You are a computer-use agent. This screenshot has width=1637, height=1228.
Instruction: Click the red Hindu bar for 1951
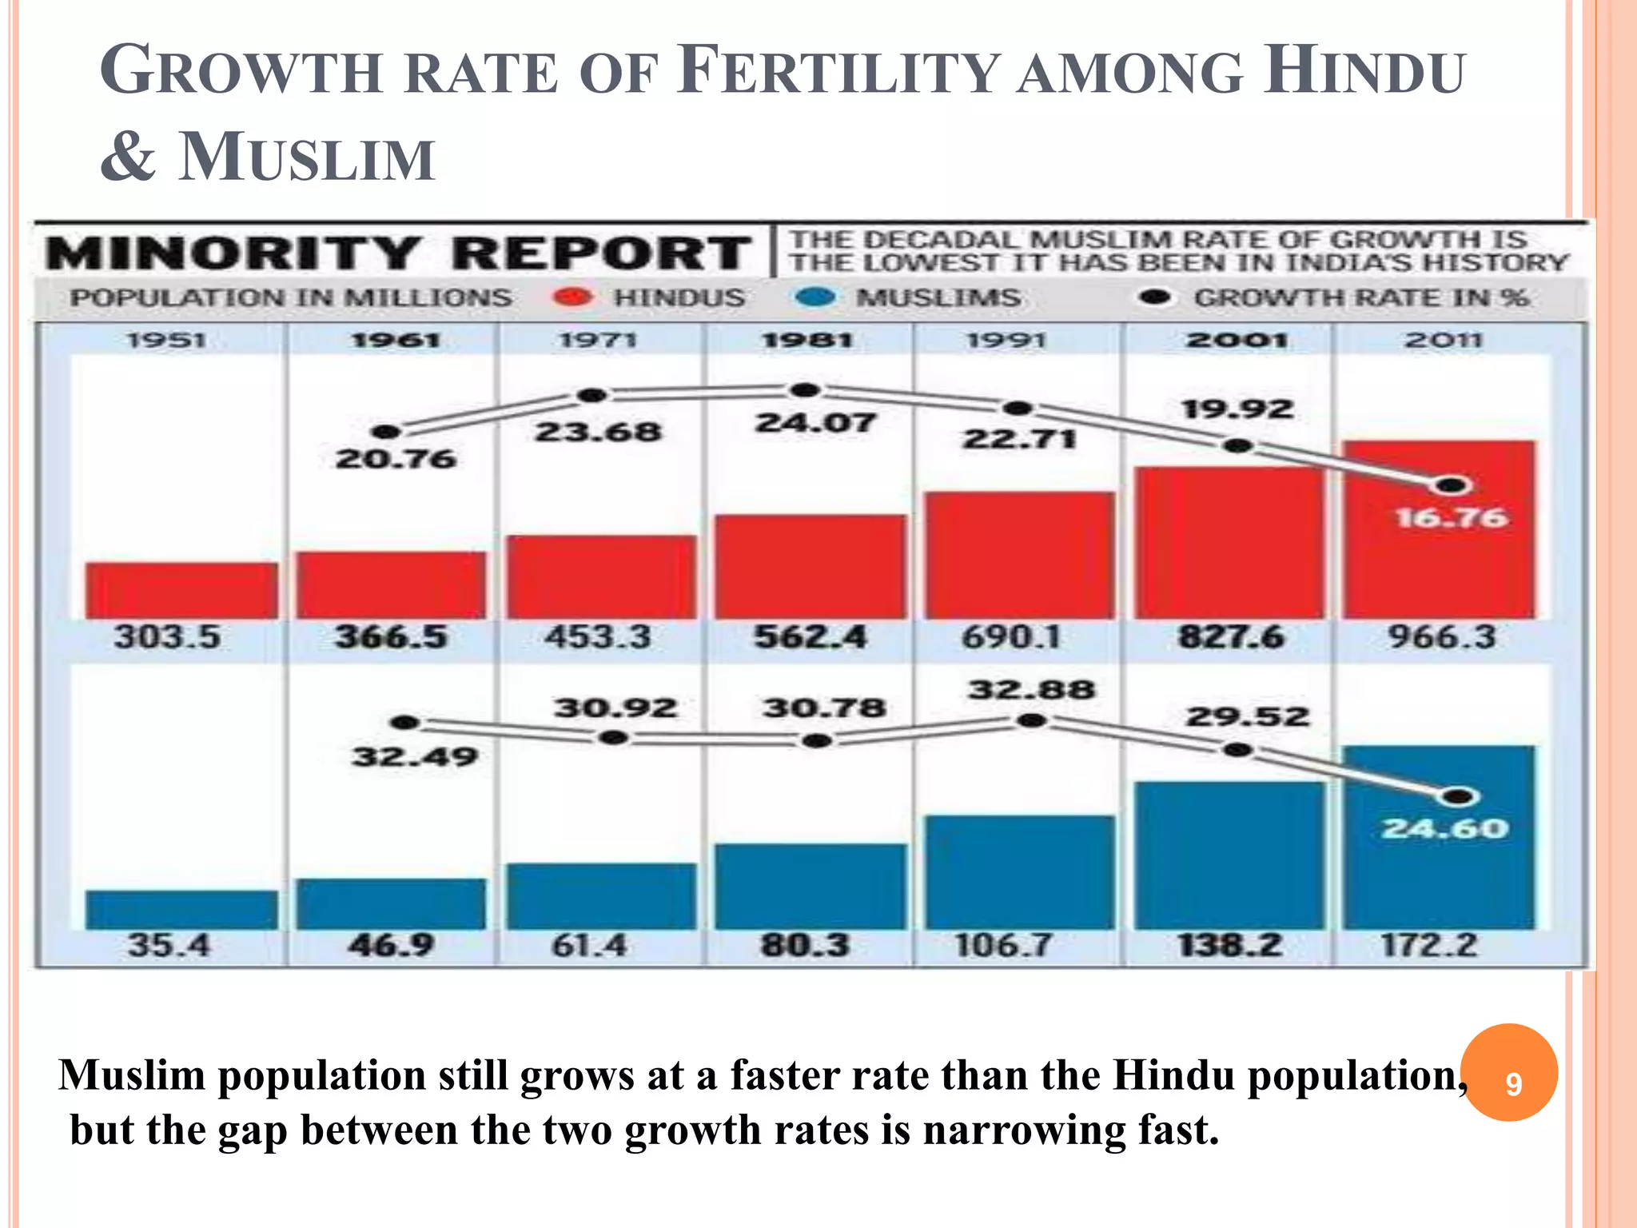coord(181,590)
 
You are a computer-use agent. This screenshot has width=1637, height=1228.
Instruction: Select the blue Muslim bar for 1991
coord(1020,872)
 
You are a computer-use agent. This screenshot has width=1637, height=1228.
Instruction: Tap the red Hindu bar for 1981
coord(811,566)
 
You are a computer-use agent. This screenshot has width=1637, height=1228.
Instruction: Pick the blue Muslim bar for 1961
coord(391,903)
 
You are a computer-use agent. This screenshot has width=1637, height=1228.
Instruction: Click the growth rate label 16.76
coord(1452,518)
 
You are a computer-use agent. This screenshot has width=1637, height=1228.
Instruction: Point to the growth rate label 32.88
coord(1031,689)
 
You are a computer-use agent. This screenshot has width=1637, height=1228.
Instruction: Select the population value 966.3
coord(1441,637)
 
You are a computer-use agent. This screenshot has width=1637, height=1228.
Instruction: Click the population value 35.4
coord(169,946)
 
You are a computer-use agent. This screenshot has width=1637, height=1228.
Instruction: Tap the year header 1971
coord(598,341)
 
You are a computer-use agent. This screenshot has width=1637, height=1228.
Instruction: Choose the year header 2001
coord(1237,341)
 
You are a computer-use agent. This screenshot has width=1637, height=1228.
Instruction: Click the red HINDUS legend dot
coord(572,297)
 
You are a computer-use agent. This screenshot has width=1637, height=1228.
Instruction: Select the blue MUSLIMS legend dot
coord(816,297)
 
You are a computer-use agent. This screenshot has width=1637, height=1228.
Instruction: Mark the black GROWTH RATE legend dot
coord(1154,297)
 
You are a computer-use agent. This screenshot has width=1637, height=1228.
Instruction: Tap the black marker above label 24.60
coord(1459,796)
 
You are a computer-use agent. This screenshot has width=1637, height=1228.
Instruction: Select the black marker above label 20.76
coord(387,432)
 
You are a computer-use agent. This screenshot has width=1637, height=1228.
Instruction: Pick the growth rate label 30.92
coord(615,708)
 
